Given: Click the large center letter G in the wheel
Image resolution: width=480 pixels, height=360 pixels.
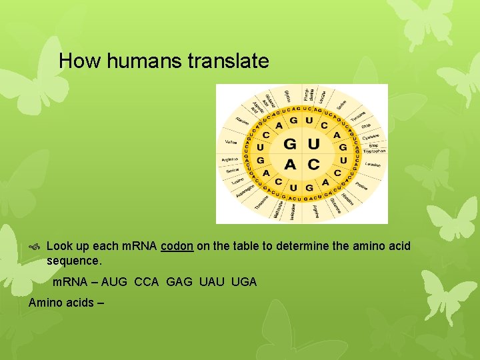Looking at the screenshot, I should click(x=291, y=145).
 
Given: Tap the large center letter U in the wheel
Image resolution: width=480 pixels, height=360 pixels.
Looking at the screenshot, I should click(x=313, y=145).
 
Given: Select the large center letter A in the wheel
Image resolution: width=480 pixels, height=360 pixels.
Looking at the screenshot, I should click(x=291, y=164).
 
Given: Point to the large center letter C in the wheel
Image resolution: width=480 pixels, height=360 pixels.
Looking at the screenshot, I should click(x=313, y=164).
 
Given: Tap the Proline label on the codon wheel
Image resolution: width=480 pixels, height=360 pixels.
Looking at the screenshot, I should click(x=362, y=185).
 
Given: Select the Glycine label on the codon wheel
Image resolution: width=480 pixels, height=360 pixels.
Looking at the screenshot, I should click(x=287, y=95).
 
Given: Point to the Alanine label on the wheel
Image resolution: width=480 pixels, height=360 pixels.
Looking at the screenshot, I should click(x=243, y=121).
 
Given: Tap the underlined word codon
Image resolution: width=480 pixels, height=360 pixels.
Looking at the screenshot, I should click(x=177, y=246).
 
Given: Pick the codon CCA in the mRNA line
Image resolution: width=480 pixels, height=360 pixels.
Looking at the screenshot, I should click(x=147, y=282).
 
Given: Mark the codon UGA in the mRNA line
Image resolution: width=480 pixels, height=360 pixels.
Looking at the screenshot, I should click(x=243, y=282).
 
